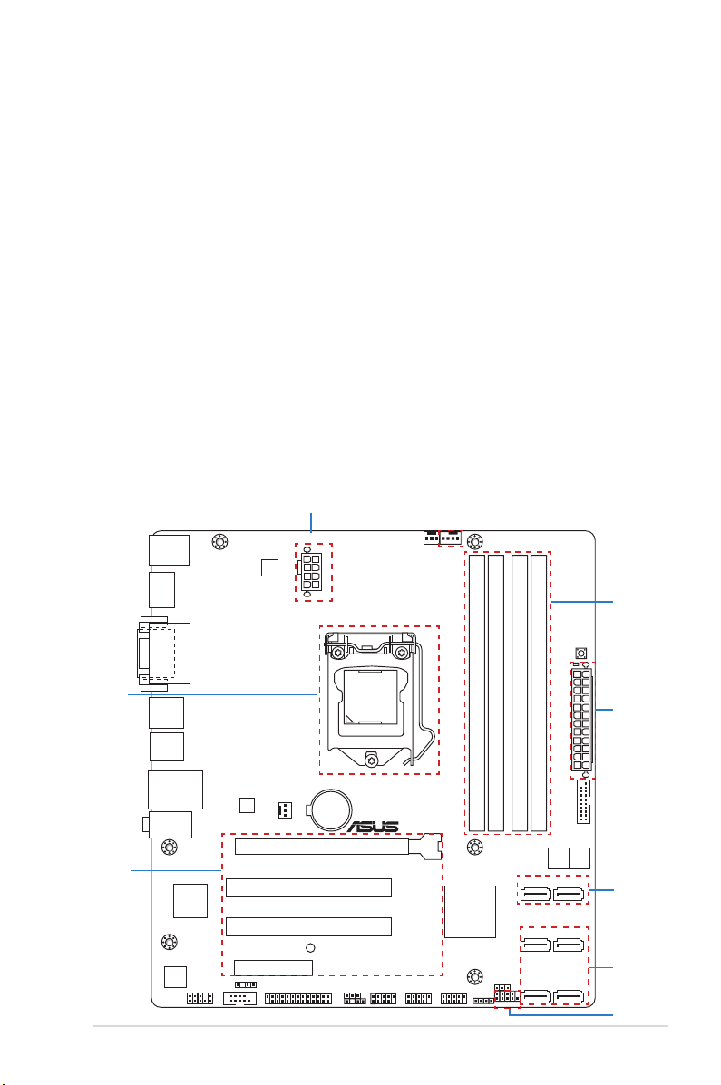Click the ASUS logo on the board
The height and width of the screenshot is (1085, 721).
(x=374, y=826)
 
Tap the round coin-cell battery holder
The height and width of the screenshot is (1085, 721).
(x=330, y=809)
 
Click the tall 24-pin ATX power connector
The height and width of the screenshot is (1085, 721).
(x=582, y=719)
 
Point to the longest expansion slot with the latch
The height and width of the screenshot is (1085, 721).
(x=338, y=846)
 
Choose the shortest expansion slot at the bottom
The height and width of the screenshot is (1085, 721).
(x=273, y=966)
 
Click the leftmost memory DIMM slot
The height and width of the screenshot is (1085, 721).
(x=476, y=692)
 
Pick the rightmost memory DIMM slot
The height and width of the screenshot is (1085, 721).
(x=539, y=692)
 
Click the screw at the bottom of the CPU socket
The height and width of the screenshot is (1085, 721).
(x=372, y=760)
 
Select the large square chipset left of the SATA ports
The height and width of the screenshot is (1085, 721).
(x=471, y=911)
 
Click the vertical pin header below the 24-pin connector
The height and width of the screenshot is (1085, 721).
(x=583, y=802)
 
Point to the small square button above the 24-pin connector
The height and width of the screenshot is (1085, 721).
(x=581, y=653)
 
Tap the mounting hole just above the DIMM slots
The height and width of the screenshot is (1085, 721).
(x=474, y=540)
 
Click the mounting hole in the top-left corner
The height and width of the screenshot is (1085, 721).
(x=219, y=541)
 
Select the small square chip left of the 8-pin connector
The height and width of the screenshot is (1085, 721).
(x=269, y=567)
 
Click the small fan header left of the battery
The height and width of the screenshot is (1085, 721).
(x=285, y=810)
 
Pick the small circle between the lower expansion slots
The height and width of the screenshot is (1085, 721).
(x=310, y=948)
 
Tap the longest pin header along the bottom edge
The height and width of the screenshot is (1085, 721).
(x=298, y=999)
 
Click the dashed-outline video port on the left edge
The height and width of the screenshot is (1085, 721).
(x=157, y=654)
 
